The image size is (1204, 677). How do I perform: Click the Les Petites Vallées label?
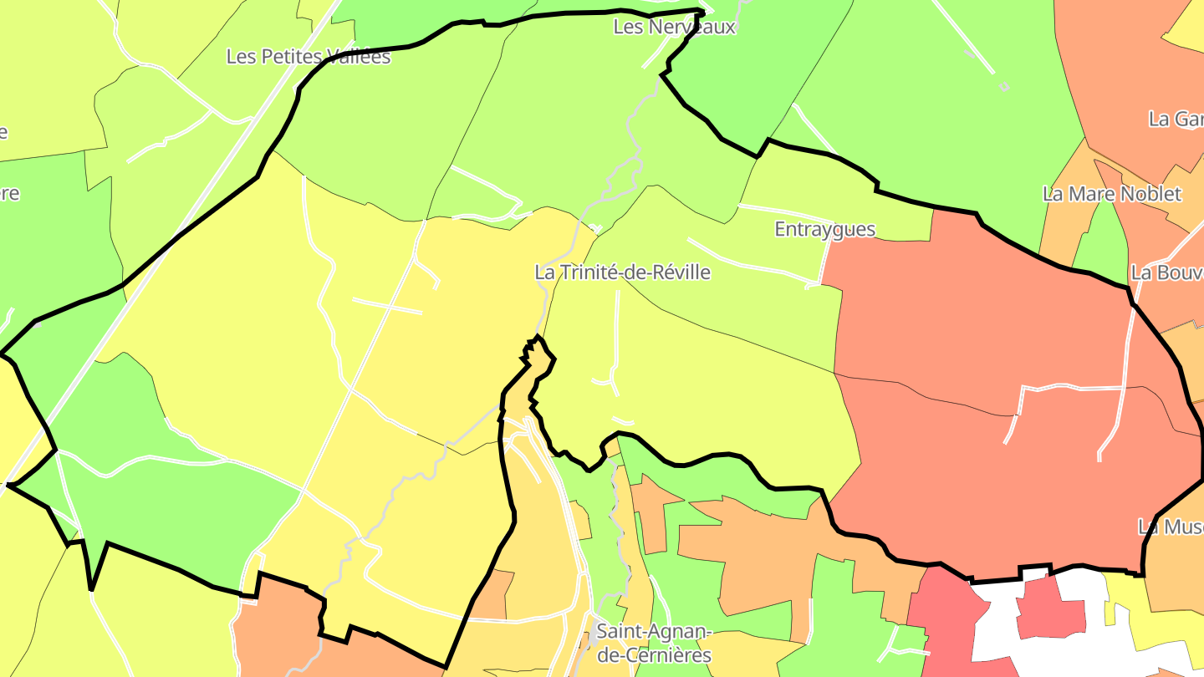coord(309,57)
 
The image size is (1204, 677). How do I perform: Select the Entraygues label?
coord(824,229)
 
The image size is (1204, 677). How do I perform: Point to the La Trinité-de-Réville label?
coord(622,272)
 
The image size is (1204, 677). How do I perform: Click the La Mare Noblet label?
coord(1111,194)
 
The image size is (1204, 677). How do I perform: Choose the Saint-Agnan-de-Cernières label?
coord(653,643)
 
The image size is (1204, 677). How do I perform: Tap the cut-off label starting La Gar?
coord(1175,119)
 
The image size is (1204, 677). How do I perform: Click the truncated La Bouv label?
coord(1166,272)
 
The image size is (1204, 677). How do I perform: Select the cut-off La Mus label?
coord(1170,527)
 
